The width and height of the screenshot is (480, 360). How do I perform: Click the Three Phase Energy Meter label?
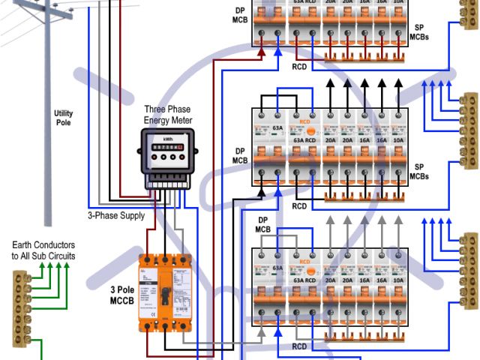pyautogui.click(x=168, y=115)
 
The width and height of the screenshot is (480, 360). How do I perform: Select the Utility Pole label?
pyautogui.click(x=64, y=117)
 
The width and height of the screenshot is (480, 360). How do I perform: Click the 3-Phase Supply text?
pyautogui.click(x=116, y=215)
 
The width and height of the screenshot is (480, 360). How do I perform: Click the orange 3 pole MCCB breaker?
pyautogui.click(x=165, y=292)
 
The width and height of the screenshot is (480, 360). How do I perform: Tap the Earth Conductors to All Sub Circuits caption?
pyautogui.click(x=43, y=250)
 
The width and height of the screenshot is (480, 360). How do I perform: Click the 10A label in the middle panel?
pyautogui.click(x=395, y=140)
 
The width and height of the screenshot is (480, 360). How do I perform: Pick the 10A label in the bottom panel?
pyautogui.click(x=395, y=277)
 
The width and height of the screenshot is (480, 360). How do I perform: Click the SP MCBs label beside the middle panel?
pyautogui.click(x=420, y=171)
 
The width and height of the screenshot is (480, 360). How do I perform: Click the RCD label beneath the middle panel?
pyautogui.click(x=299, y=206)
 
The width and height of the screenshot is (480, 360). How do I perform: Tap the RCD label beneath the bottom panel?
pyautogui.click(x=299, y=346)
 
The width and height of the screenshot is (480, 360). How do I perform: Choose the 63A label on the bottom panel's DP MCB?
pyautogui.click(x=277, y=267)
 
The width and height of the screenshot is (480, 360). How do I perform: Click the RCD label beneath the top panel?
pyautogui.click(x=299, y=66)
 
